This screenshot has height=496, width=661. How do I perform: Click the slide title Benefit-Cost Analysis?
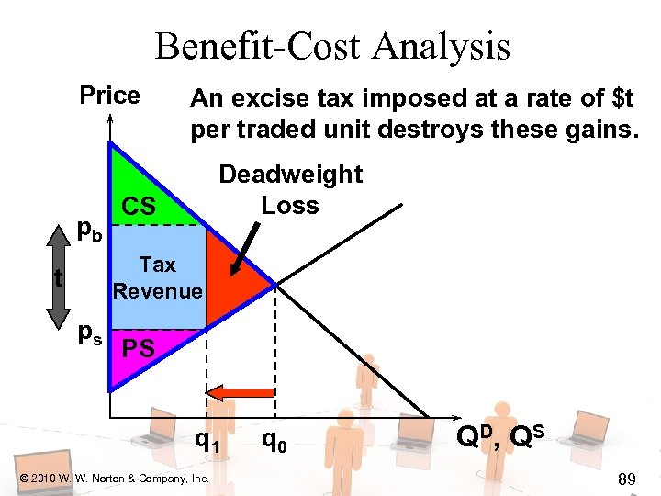pyautogui.click(x=331, y=46)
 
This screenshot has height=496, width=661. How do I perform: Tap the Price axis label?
pyautogui.click(x=109, y=96)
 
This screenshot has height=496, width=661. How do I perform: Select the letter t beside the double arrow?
pyautogui.click(x=59, y=277)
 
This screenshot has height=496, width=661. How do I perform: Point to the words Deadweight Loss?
pyautogui.click(x=290, y=189)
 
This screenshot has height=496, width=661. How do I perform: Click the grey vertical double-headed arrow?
pyautogui.click(x=58, y=277)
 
